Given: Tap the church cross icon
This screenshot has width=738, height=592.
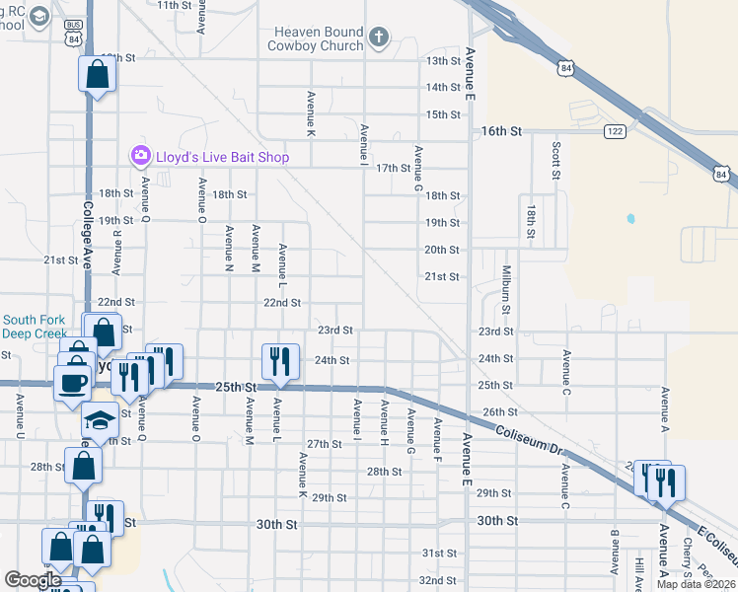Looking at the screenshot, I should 377,38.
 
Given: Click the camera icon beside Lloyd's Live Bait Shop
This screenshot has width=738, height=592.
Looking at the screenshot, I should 139,156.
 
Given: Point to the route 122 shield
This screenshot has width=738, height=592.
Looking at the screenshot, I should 614,130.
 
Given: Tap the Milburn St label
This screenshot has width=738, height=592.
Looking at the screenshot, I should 506,289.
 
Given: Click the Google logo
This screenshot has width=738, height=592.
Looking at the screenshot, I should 33,580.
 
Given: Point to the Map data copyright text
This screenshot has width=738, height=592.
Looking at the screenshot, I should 695,584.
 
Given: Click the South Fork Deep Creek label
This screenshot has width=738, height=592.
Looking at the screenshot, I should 34,326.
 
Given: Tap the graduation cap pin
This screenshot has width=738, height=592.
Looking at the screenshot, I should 99,421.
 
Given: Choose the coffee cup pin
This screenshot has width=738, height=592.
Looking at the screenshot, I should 72,381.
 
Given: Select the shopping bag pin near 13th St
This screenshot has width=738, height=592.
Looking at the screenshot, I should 98,74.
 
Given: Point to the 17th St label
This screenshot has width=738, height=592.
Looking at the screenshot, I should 394,168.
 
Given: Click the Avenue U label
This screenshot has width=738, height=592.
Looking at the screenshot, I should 20,414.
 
